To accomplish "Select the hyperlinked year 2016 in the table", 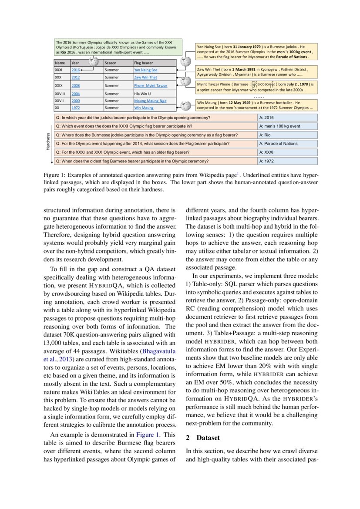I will tap(75, 70).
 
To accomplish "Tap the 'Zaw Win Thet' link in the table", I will tap(145, 77).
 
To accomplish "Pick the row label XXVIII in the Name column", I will tap(60, 93).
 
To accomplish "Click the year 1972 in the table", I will tap(75, 107).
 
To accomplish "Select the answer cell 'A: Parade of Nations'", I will tap(279, 143).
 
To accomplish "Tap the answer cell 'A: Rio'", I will tap(264, 135).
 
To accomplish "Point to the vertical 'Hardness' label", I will tap(48, 142).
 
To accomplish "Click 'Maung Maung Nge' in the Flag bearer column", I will tap(150, 101).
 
